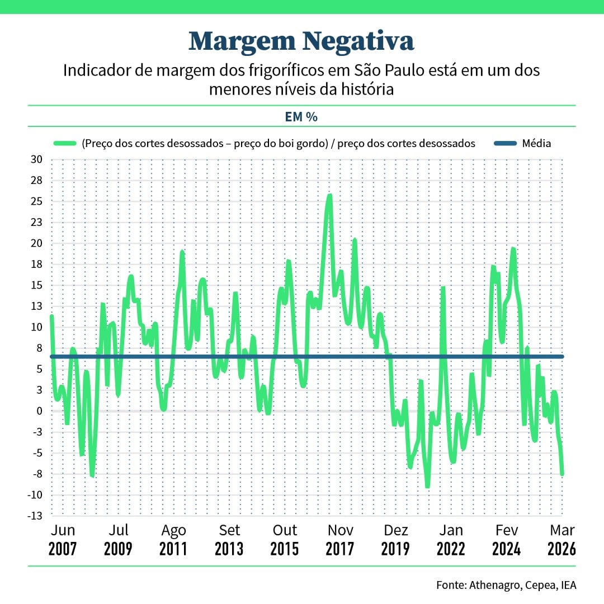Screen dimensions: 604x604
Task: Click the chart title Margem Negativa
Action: [x=301, y=41]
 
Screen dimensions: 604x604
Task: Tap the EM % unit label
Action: [x=301, y=117]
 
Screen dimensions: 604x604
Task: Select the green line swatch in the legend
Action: [x=65, y=144]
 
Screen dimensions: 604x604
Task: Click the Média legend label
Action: [x=536, y=144]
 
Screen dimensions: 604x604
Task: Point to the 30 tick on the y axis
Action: [x=36, y=160]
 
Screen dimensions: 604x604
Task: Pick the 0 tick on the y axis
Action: [x=39, y=411]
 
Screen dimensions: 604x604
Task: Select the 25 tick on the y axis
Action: [x=36, y=201]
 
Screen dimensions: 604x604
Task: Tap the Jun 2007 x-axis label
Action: [x=63, y=539]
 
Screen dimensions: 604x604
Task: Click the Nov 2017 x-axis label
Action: [x=340, y=539]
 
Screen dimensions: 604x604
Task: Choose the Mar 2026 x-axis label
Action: [x=561, y=539]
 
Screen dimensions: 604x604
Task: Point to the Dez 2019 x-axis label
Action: [x=395, y=539]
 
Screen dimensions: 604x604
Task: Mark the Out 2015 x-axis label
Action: [x=285, y=539]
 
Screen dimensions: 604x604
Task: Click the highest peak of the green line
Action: [x=329, y=196]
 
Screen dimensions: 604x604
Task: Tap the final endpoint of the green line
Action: [x=562, y=474]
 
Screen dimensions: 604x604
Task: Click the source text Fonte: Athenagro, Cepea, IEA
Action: [x=506, y=585]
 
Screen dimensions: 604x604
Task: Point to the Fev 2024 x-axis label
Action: [x=506, y=539]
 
